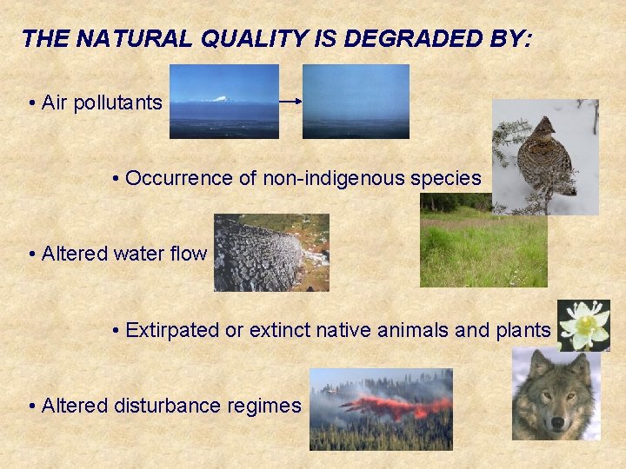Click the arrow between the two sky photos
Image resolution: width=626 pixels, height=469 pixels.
290,101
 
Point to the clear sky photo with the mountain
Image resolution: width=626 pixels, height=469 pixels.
223,101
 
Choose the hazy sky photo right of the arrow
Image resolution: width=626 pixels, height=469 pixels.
356,101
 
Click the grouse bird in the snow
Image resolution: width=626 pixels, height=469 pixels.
543,157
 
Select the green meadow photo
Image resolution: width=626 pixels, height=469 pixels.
483,247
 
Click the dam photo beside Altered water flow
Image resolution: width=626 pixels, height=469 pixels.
271,253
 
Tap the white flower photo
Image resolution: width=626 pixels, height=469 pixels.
583,326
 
